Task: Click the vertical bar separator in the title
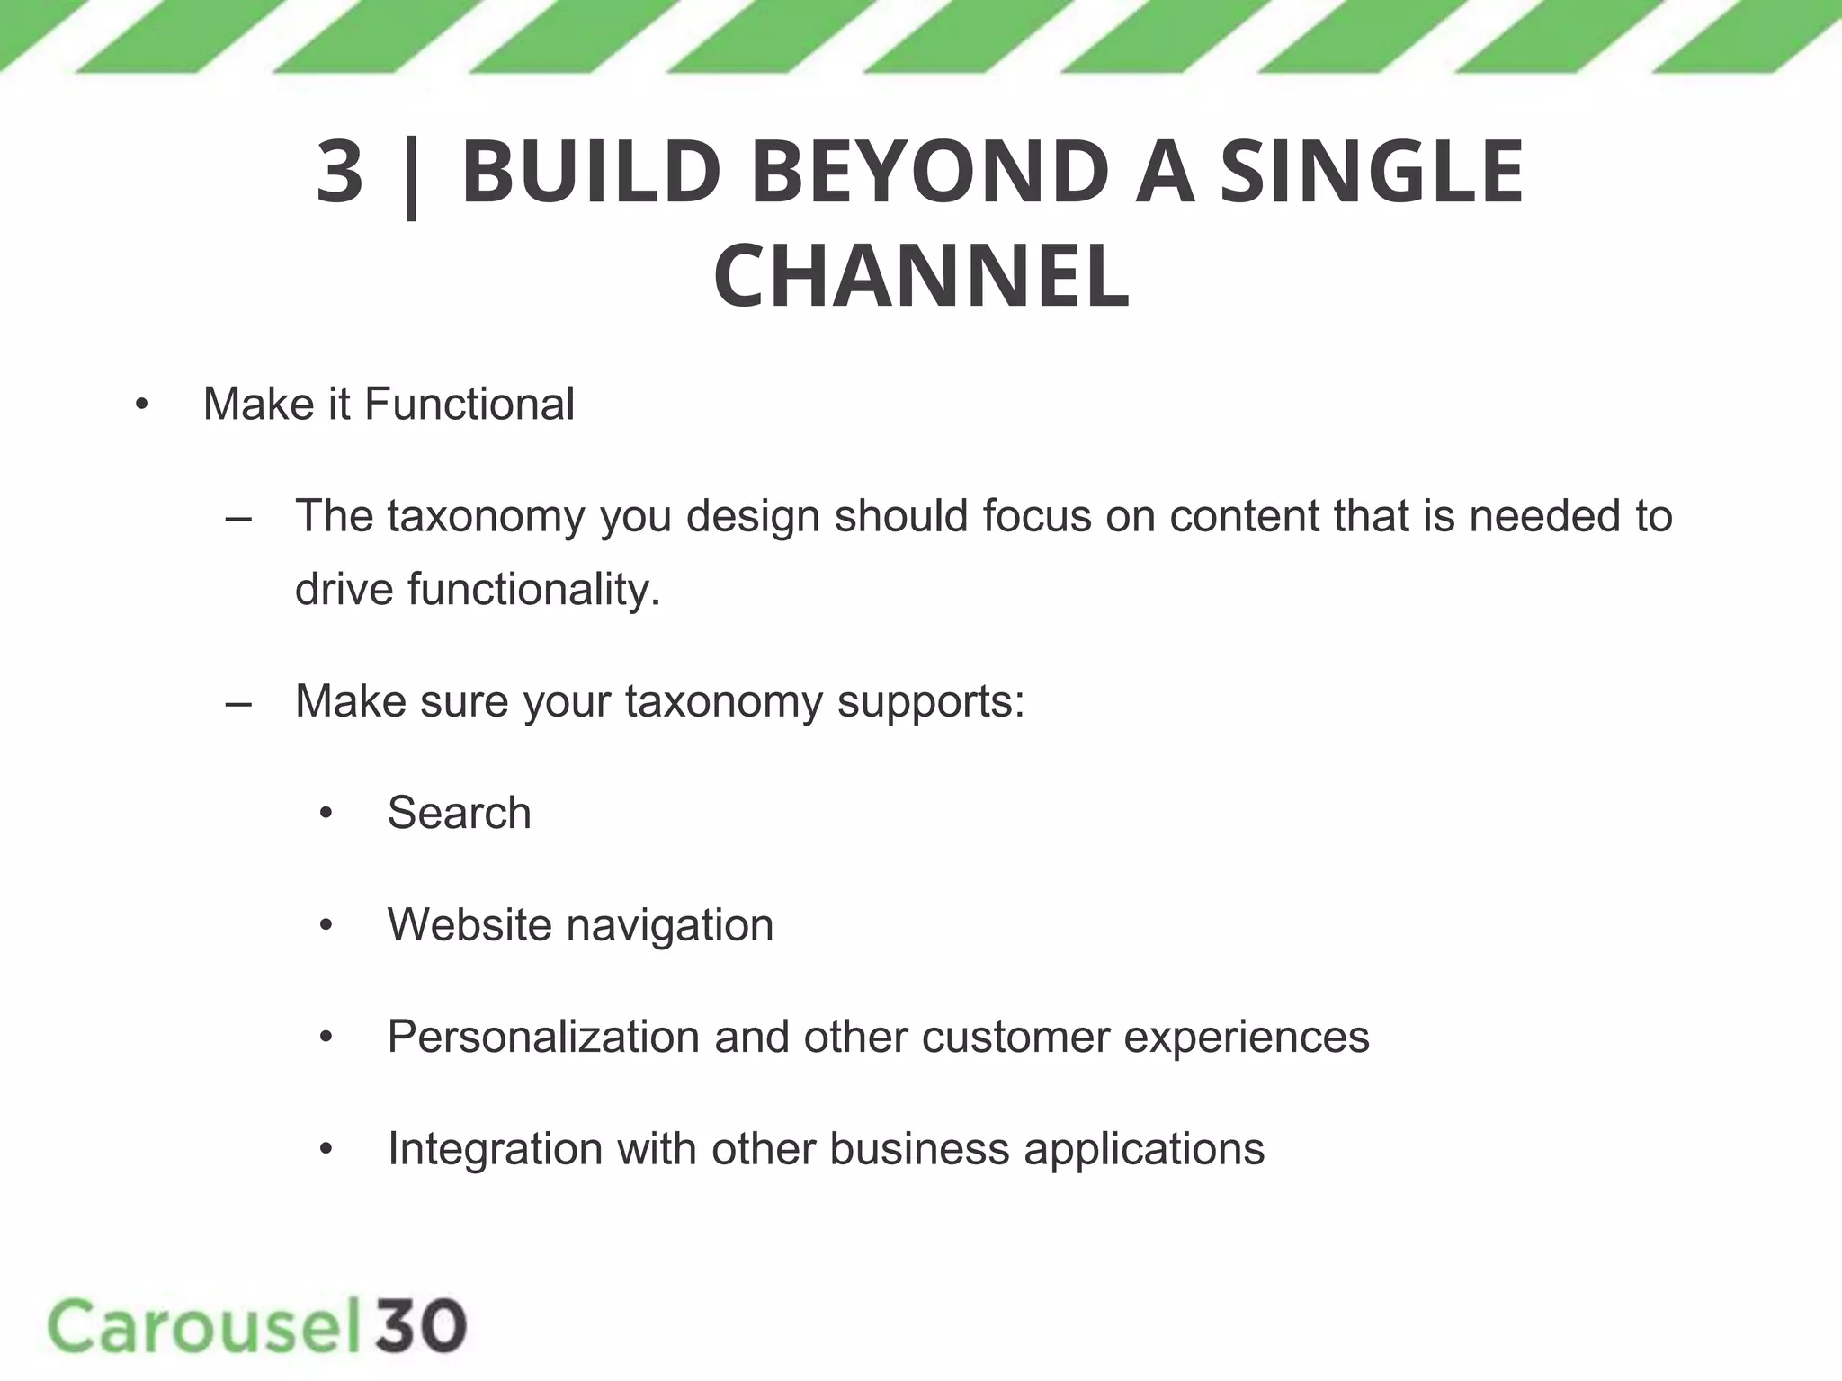(x=412, y=175)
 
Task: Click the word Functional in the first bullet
(x=469, y=404)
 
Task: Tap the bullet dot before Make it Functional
(x=141, y=405)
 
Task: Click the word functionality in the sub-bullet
(x=532, y=590)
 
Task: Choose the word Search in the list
(x=459, y=813)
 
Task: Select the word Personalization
(x=543, y=1037)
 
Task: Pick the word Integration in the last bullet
(x=495, y=1150)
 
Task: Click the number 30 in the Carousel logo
(x=421, y=1326)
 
